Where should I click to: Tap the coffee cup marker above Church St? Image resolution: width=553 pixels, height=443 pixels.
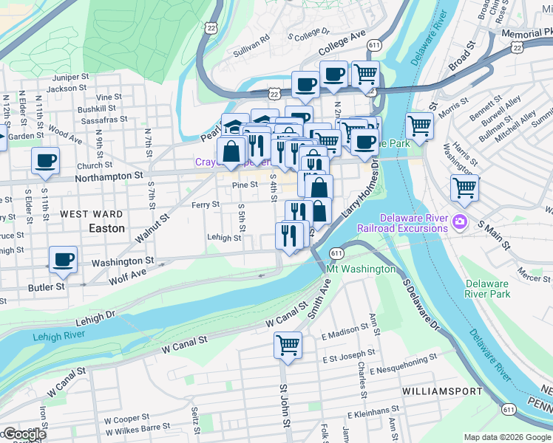point(46,161)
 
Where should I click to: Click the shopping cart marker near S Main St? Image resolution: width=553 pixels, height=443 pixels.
point(464,188)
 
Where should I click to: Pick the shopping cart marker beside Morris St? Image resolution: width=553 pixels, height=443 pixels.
point(419,126)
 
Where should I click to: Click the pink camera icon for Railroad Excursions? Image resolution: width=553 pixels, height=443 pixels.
point(460,221)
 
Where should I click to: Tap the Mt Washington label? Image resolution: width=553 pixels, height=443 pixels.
point(361,269)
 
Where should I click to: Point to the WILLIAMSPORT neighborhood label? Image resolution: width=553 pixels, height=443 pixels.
point(442,391)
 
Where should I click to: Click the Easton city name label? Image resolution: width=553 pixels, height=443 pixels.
point(106,228)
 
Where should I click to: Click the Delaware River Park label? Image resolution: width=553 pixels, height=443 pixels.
point(488,289)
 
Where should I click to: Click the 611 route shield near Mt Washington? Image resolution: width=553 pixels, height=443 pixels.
point(337,253)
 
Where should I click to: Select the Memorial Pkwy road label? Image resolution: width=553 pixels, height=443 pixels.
point(526,33)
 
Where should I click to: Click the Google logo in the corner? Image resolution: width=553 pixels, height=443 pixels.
point(24,434)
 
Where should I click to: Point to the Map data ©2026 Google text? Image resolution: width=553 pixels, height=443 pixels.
point(507,437)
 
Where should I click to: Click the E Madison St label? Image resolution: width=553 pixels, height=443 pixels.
point(345,331)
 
